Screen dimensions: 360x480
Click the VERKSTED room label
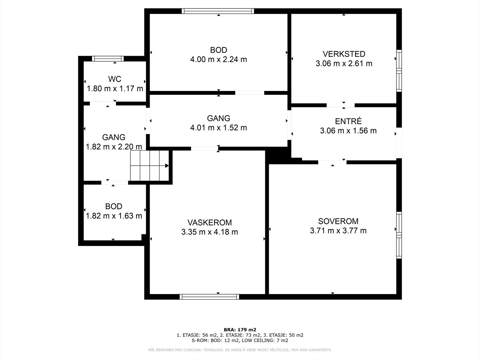tap(344, 54)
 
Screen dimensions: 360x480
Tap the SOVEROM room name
tap(338, 221)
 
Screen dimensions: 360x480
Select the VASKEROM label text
tap(209, 223)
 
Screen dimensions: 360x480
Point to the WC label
tap(115, 79)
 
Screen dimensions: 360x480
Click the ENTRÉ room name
tap(348, 121)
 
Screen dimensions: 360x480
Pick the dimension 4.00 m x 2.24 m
tap(218, 59)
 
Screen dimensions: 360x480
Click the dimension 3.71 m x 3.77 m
tap(338, 231)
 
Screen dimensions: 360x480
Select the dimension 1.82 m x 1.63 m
tap(114, 216)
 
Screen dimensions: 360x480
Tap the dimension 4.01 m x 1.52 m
tap(218, 128)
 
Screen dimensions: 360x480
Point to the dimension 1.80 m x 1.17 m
tap(115, 88)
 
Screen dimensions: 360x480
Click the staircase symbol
tap(149, 166)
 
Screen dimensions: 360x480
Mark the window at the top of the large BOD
tap(218, 11)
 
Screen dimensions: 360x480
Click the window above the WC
tap(108, 58)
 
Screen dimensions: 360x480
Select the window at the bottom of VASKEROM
tap(209, 297)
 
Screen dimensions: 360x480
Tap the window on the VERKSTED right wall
tap(399, 70)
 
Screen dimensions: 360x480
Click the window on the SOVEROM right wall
tap(399, 235)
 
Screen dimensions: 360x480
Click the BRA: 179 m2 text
tap(240, 330)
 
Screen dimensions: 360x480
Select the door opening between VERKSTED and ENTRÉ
tap(340, 105)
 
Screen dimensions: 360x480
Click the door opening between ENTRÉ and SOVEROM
tap(332, 162)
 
